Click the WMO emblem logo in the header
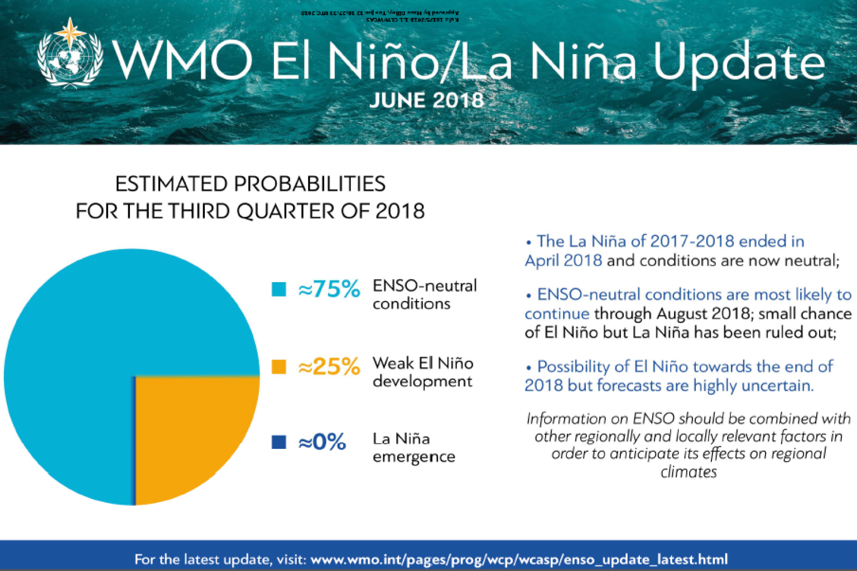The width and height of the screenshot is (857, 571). tap(70, 54)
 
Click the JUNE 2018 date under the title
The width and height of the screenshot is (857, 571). tap(426, 100)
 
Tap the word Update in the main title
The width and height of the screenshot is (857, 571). tap(739, 62)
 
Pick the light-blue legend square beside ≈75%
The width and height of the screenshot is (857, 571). tap(278, 289)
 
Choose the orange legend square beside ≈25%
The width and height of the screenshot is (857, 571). tap(278, 366)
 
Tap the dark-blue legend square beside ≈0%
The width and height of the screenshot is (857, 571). tap(278, 442)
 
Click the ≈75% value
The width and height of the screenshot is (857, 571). tap(329, 289)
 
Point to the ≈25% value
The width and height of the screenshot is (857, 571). tap(329, 366)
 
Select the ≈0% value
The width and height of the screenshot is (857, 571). tap(322, 442)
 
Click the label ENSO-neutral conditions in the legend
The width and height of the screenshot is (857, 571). tap(425, 294)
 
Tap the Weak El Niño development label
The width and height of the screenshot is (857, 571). tap(423, 372)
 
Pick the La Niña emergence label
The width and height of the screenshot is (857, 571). tap(413, 447)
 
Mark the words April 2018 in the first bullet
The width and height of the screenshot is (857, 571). tap(563, 260)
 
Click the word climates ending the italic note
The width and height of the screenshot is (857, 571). tap(689, 472)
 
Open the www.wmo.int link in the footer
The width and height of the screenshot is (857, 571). tap(519, 559)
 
